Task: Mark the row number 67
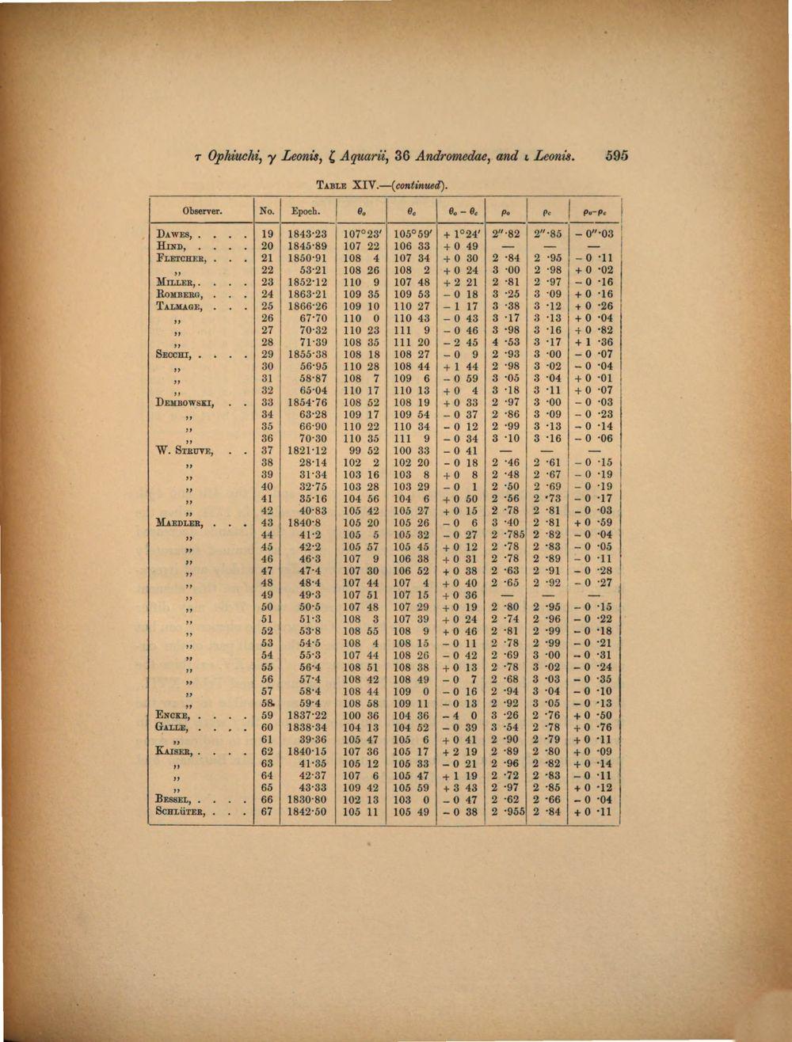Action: [267, 812]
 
